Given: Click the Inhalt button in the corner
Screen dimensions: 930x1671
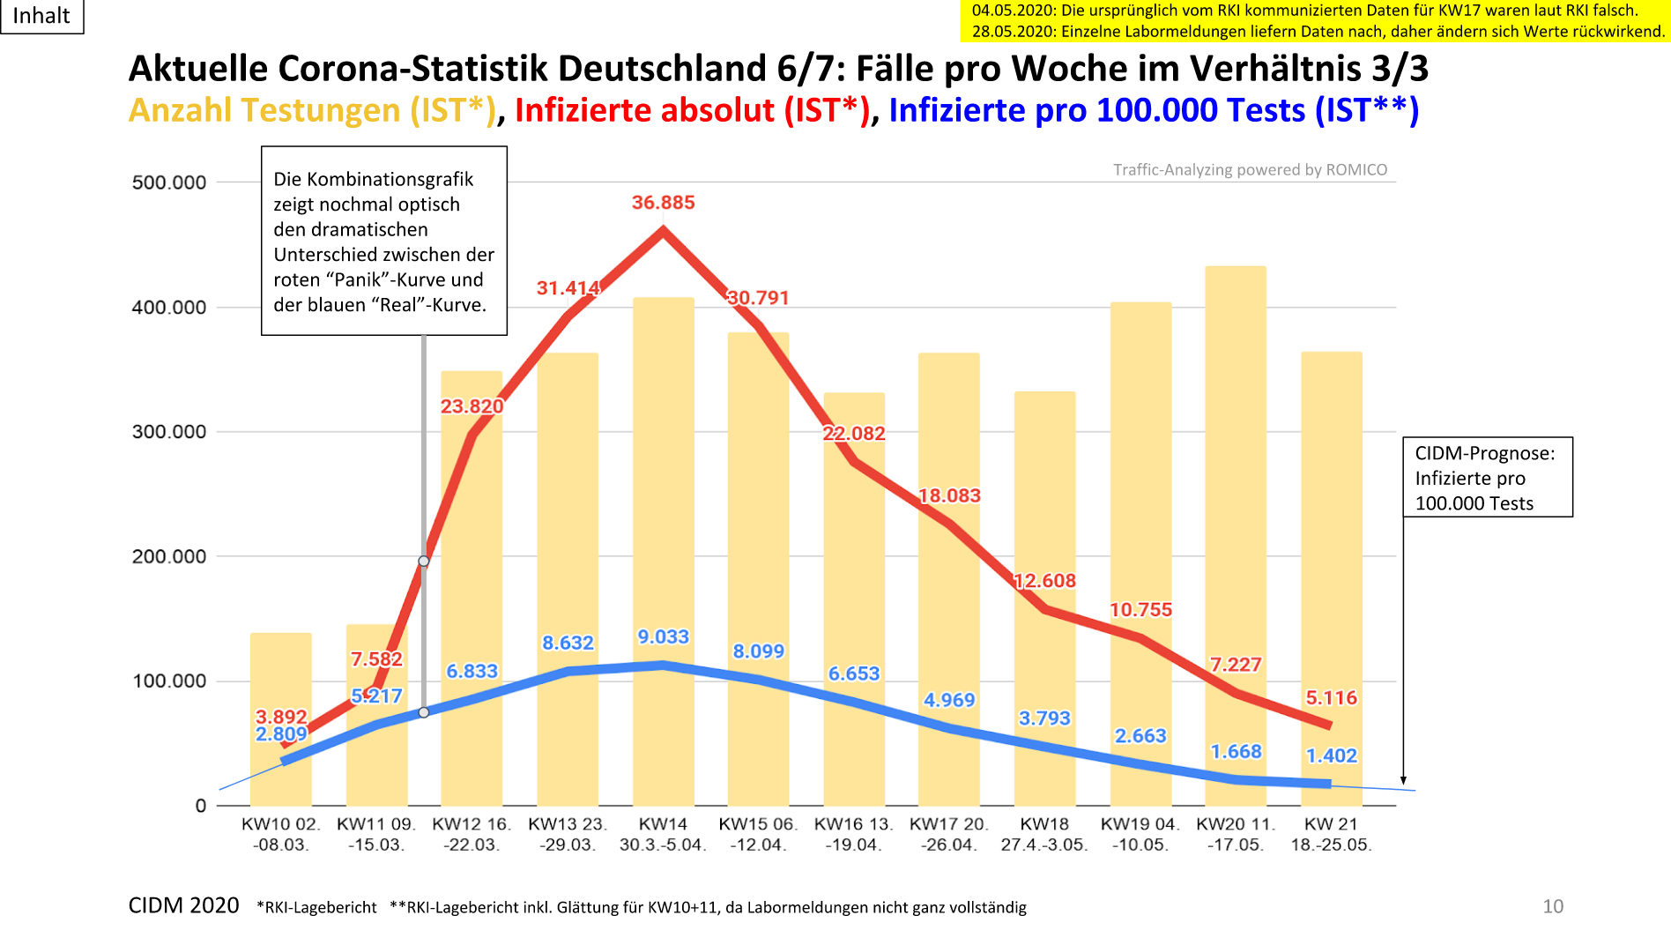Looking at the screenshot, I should point(41,16).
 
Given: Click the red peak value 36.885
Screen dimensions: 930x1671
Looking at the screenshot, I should point(663,203).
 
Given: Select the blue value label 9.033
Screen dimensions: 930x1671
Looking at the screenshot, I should point(663,636).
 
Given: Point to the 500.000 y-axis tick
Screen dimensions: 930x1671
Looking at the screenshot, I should point(168,183).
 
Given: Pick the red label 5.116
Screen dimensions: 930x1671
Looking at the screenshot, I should point(1331,698).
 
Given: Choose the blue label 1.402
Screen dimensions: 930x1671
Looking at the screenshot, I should point(1331,755).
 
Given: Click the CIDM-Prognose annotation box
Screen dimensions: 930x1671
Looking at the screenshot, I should point(1487,478).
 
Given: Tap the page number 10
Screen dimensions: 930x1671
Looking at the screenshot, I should point(1553,906).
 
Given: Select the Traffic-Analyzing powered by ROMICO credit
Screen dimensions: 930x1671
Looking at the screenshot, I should point(1250,170).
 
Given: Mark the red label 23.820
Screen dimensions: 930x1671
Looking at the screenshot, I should point(472,406).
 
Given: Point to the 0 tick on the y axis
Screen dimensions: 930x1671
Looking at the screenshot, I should point(201,806).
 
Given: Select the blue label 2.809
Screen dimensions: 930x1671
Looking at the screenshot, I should point(281,734).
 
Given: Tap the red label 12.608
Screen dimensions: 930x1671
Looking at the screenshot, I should point(1044,581).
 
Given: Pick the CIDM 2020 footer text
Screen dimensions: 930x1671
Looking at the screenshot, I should point(183,906).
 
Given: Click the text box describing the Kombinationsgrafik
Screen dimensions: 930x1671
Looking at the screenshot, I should point(384,241).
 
